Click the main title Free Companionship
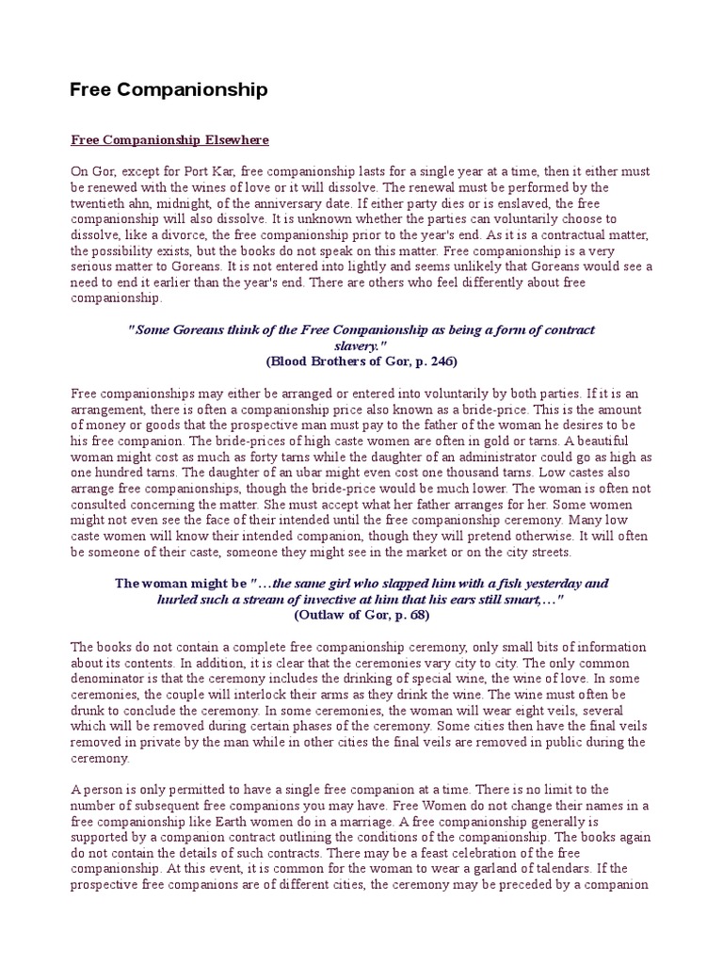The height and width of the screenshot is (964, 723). pyautogui.click(x=169, y=90)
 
